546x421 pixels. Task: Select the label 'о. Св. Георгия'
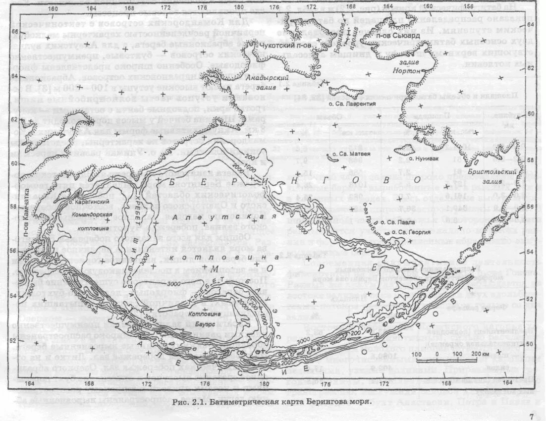(x=410, y=231)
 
